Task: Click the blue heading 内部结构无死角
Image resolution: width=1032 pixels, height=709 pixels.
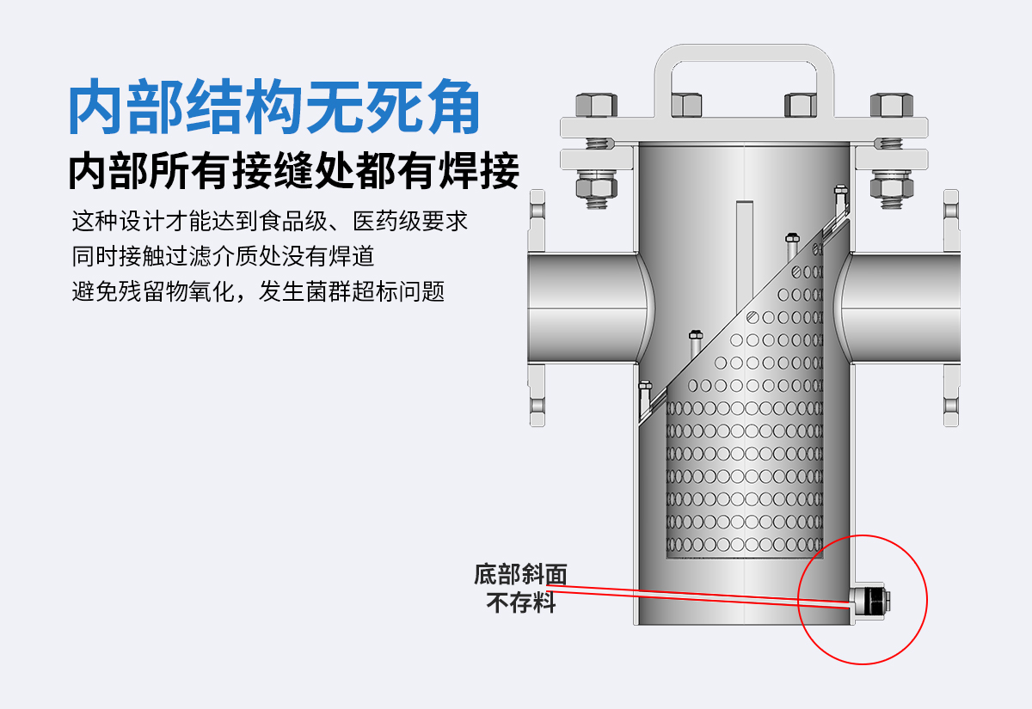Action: (x=274, y=107)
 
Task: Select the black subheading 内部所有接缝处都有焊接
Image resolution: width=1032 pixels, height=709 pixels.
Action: (x=294, y=170)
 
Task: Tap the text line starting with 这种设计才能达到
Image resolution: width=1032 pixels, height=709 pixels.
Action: (x=269, y=221)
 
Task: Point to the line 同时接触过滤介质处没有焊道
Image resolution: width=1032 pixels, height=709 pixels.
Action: (x=223, y=256)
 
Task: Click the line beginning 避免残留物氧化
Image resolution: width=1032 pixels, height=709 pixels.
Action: (x=258, y=291)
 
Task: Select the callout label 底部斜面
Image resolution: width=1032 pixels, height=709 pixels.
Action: (x=520, y=574)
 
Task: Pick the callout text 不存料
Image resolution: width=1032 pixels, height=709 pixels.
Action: (x=521, y=602)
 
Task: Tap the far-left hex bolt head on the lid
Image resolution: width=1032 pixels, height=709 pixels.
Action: (x=597, y=105)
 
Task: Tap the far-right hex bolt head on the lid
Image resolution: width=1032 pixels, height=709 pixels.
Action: (x=892, y=105)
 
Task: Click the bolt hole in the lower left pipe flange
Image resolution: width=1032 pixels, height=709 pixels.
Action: (x=537, y=406)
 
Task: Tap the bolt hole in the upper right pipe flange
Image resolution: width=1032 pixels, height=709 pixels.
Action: (x=951, y=211)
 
